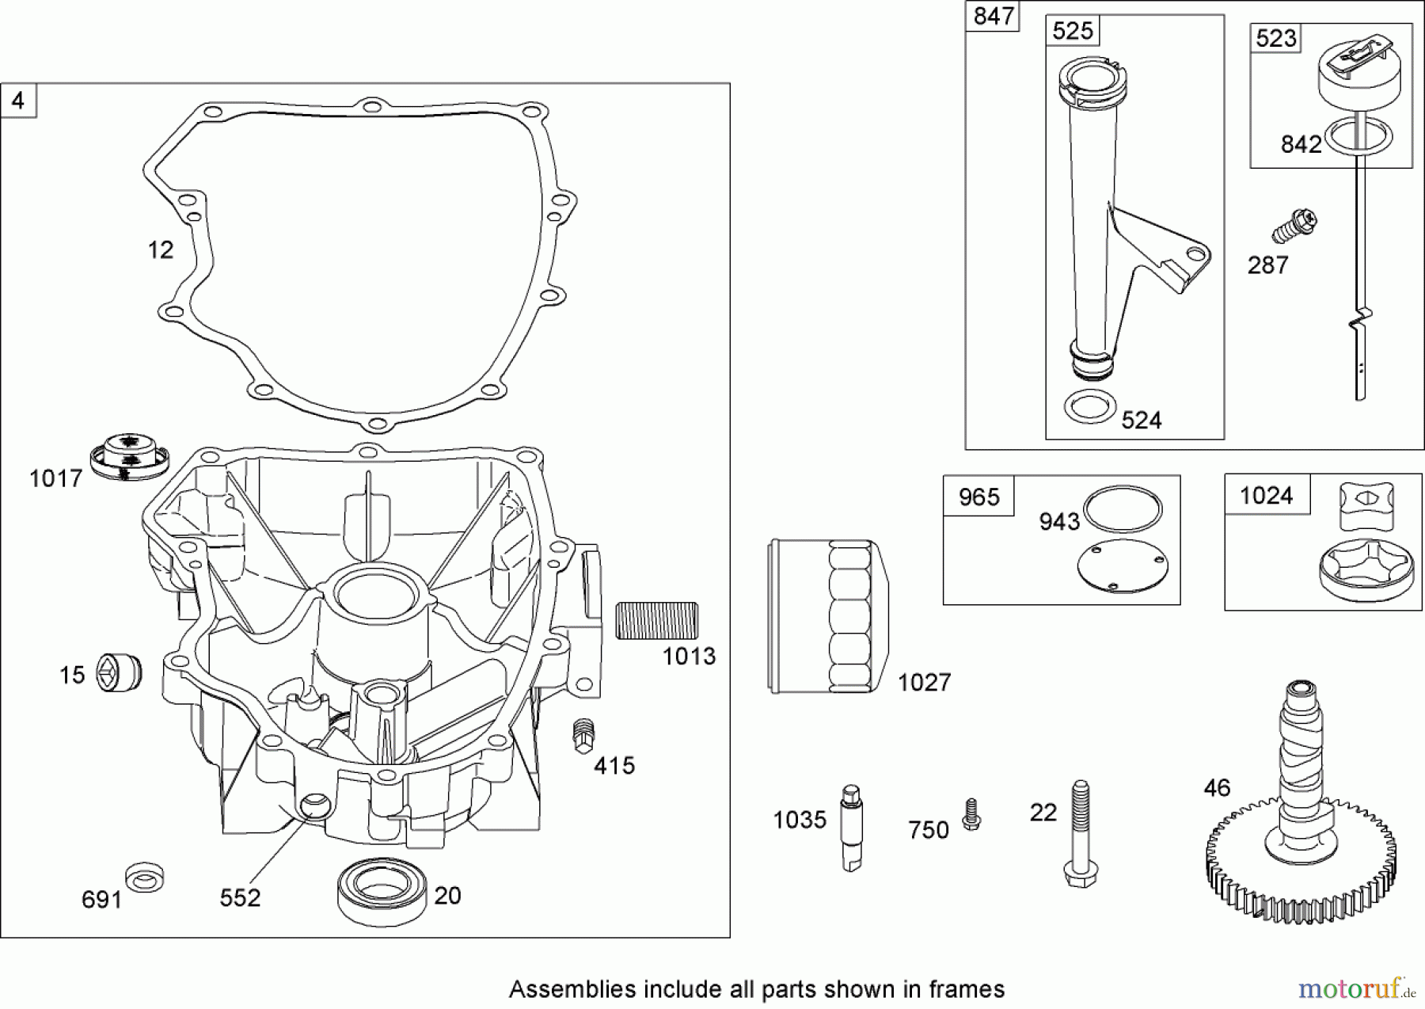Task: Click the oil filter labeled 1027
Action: click(x=828, y=617)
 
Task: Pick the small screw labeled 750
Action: click(x=971, y=815)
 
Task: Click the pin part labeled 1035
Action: click(x=852, y=828)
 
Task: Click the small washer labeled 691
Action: click(x=145, y=877)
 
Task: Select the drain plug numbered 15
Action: click(x=119, y=673)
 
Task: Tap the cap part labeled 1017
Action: click(x=128, y=457)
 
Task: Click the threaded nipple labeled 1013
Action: click(x=657, y=620)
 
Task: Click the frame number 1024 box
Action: click(x=1267, y=496)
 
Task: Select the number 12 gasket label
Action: click(x=161, y=250)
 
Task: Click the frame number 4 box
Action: click(x=19, y=101)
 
